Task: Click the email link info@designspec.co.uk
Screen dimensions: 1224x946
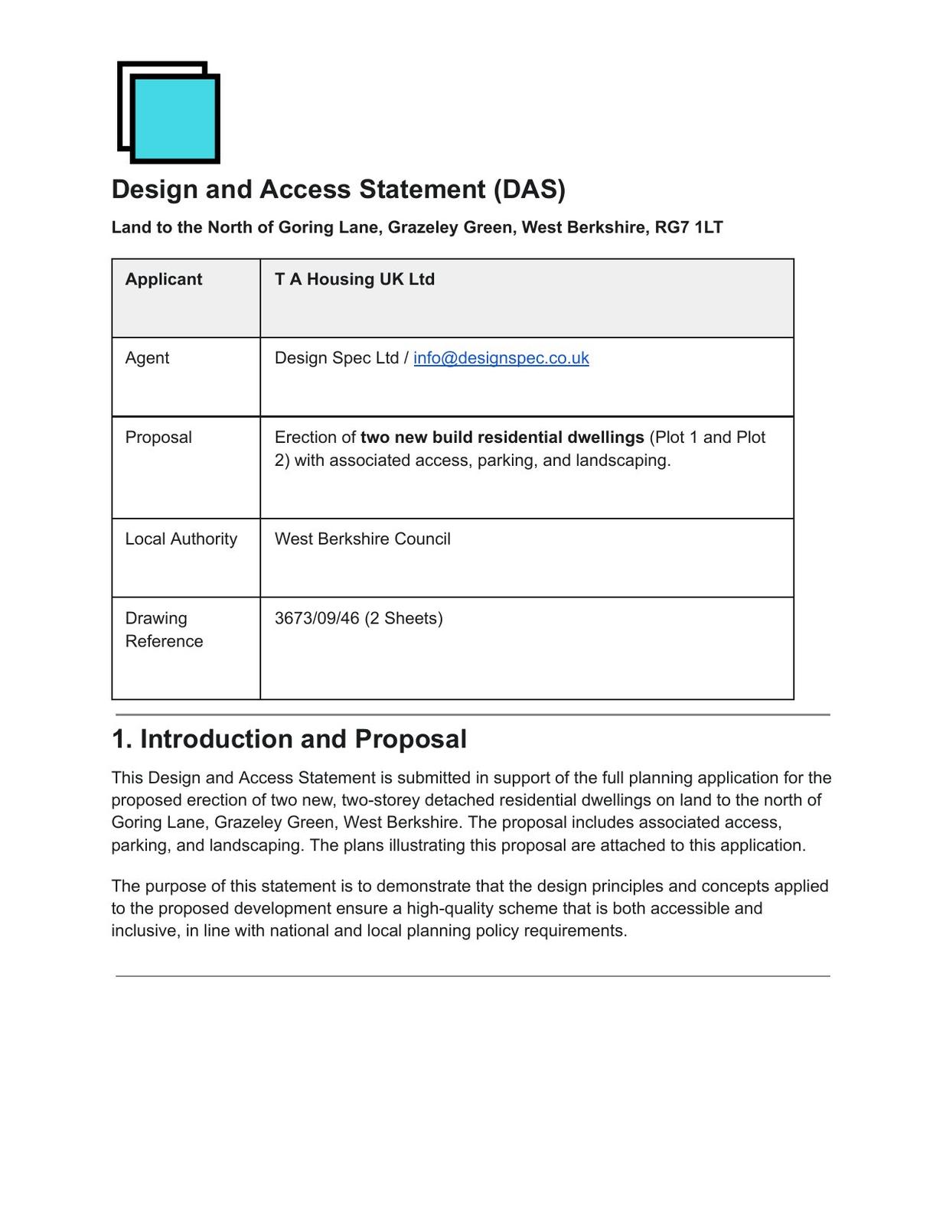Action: tap(501, 358)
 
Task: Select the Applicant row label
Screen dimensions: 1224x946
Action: tap(164, 279)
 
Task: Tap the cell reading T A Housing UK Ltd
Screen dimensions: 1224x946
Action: tap(354, 279)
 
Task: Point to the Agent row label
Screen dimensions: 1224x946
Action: tap(147, 358)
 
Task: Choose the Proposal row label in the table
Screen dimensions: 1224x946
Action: tap(158, 438)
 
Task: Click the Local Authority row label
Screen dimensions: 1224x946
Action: tap(181, 539)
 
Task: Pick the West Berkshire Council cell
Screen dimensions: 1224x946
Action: tap(362, 539)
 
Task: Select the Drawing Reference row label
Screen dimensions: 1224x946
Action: tap(164, 630)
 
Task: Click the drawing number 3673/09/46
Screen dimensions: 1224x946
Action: tap(317, 618)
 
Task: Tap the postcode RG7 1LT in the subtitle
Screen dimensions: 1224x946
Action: tap(689, 228)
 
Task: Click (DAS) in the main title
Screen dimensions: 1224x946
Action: tap(530, 190)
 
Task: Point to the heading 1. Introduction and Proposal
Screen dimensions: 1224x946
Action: tap(289, 739)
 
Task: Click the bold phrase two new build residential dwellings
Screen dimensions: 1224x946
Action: tap(502, 438)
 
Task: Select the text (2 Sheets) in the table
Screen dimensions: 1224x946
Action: tap(403, 618)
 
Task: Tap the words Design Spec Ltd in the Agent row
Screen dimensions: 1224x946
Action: tap(337, 358)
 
